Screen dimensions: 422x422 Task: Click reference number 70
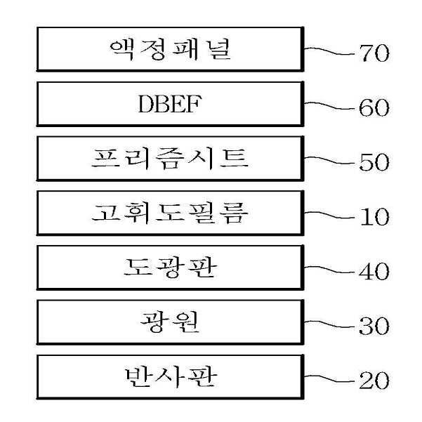click(373, 53)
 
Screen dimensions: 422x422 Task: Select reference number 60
click(373, 108)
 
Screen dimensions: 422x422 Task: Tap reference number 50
click(373, 163)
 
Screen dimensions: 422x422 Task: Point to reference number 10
click(373, 217)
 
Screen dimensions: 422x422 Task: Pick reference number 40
click(373, 272)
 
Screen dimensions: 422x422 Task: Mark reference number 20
click(373, 381)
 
